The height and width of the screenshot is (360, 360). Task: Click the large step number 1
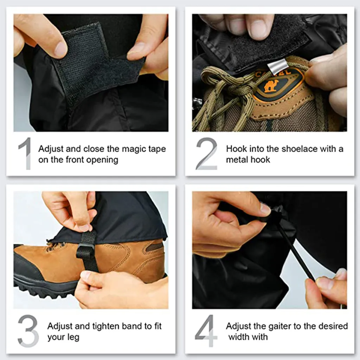click(x=25, y=153)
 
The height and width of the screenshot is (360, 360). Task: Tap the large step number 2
click(x=206, y=153)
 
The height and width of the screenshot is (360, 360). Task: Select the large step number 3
click(x=28, y=331)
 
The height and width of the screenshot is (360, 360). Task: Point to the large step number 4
click(x=206, y=331)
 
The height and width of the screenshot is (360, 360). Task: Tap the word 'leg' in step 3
click(x=73, y=337)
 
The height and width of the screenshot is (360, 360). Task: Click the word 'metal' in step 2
click(x=238, y=160)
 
